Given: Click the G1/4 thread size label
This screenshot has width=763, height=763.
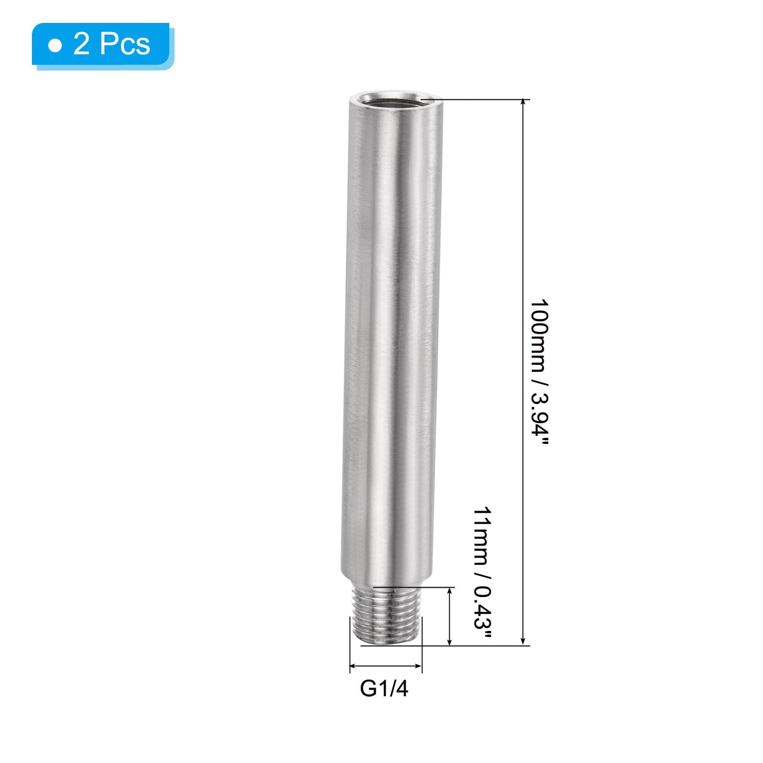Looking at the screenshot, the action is (384, 689).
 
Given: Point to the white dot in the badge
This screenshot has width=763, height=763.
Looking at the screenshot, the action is (55, 46).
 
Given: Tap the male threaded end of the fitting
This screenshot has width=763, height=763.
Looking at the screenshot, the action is (386, 616).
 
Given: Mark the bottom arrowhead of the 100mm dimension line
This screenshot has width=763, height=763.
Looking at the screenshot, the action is (524, 641).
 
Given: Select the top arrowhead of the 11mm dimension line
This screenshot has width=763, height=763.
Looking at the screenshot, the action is (449, 592).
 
